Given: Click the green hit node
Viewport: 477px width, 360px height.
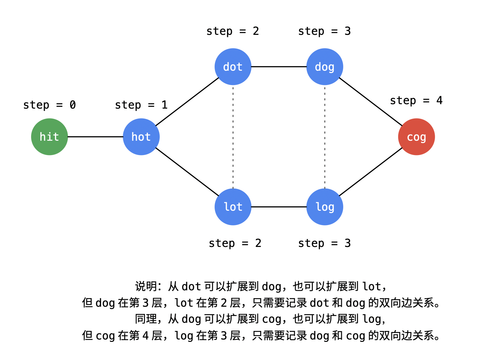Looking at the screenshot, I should tap(49, 137).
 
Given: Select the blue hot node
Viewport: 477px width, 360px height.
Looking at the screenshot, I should tap(141, 137).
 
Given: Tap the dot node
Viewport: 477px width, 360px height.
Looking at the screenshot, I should tap(233, 67).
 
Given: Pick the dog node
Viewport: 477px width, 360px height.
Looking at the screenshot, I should tap(324, 67).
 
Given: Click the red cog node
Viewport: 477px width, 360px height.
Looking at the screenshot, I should tap(416, 137).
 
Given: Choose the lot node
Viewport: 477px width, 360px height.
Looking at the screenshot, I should tap(233, 207).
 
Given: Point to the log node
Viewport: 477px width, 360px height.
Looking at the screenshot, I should tap(324, 207).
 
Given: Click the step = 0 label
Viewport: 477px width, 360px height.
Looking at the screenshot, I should tap(49, 105).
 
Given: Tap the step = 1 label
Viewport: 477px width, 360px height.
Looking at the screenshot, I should tap(141, 105).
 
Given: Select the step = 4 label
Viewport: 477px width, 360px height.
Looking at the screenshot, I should tap(416, 100).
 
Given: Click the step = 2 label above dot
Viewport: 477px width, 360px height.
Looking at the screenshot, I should tap(233, 31).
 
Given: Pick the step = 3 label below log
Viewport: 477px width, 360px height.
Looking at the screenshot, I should tap(324, 243).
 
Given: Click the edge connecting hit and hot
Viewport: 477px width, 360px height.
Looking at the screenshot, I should tap(95, 137).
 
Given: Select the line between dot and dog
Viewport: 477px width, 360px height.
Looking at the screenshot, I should tap(279, 67).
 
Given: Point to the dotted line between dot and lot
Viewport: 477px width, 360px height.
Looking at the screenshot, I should tap(233, 137).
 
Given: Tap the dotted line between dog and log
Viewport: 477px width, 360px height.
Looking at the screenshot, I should tap(324, 137).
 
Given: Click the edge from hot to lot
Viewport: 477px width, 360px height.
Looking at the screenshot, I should tap(187, 172).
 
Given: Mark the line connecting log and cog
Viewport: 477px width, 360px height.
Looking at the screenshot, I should tap(371, 172).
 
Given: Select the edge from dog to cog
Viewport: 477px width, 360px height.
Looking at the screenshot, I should tap(371, 102).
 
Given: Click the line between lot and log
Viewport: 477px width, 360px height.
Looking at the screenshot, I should tap(279, 207).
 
